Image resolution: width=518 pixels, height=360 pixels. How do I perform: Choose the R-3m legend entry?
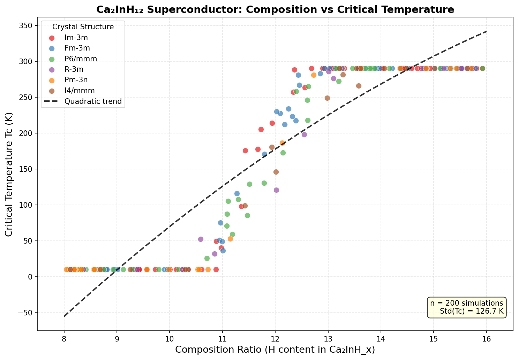point(72,69)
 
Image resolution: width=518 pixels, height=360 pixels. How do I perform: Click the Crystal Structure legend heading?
point(83,27)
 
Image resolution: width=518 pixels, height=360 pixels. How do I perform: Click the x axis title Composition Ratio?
point(275,350)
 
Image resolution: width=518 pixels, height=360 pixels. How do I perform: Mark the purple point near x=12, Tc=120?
point(276,190)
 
